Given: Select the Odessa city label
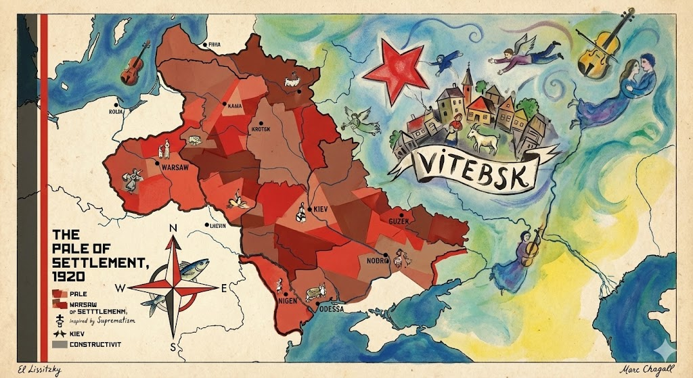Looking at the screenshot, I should [331, 309].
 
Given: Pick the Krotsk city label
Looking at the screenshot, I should [261, 128].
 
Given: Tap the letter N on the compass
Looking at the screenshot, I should [173, 228].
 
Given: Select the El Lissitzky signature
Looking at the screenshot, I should [32, 368].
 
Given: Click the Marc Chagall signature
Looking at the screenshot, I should [645, 368].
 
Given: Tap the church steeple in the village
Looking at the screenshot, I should [466, 80].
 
